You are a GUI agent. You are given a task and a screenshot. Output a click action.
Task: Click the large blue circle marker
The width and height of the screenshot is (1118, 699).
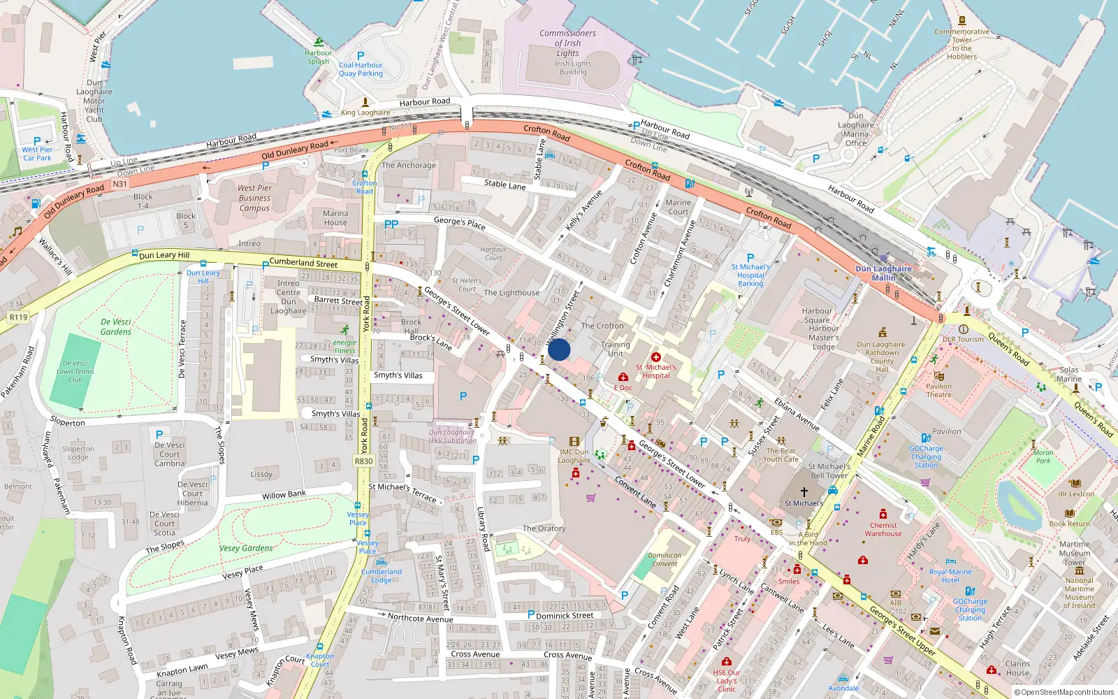pos(559,349)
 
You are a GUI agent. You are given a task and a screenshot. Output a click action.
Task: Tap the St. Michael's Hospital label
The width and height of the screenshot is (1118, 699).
pos(655,371)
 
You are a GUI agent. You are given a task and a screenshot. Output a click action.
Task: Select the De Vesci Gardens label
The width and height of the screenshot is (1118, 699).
pos(116,327)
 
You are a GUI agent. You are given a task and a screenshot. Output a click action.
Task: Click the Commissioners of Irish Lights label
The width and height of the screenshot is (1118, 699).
pos(567,43)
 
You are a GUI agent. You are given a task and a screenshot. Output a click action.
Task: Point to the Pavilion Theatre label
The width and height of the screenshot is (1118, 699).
pos(938,390)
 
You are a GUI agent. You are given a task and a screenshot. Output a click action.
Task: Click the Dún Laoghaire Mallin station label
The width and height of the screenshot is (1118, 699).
pos(883,273)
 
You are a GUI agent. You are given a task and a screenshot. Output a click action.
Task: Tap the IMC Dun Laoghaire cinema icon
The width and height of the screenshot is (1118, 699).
pos(574,442)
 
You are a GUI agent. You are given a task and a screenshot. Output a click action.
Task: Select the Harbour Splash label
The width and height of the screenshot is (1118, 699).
pos(318,57)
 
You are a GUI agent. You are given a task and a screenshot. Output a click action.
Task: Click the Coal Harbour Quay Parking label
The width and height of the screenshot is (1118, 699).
pos(361,69)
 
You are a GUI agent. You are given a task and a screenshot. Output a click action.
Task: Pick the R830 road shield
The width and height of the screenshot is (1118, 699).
pos(363,461)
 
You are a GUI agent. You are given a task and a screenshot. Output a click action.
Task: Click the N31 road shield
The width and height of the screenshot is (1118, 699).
pos(120,184)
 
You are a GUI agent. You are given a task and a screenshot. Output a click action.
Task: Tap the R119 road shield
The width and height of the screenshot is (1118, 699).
pos(18,317)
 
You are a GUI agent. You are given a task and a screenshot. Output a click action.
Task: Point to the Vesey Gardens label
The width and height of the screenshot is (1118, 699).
pos(246,548)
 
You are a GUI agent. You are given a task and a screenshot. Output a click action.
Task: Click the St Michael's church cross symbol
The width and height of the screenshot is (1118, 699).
pos(804,492)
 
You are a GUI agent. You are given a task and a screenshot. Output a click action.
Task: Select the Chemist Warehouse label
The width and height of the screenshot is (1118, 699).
pos(883,529)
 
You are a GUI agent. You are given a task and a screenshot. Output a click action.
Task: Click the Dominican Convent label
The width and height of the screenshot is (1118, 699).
pos(665,559)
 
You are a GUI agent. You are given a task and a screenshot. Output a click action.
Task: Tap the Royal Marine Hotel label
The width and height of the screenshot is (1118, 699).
pos(950,575)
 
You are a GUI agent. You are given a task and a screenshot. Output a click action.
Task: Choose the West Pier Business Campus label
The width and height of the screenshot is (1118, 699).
pos(254,198)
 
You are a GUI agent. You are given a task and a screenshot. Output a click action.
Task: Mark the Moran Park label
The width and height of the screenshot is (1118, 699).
pos(1043,456)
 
